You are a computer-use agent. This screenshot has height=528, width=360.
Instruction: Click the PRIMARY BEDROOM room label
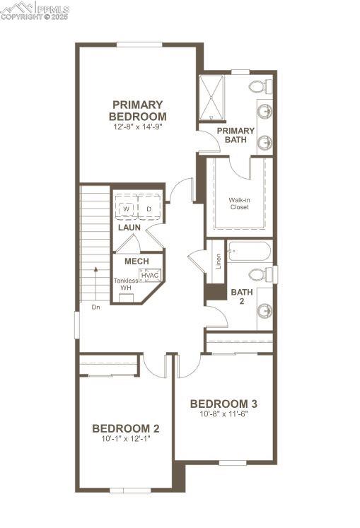(138, 110)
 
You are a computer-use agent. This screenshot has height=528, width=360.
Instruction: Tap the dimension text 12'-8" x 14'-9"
(138, 128)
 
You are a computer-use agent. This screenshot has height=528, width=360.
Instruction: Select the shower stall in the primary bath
(211, 98)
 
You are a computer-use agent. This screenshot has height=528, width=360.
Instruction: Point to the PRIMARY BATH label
(236, 135)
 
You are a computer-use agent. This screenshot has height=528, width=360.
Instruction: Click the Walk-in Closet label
(238, 204)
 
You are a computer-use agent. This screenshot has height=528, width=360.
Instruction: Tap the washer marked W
(127, 209)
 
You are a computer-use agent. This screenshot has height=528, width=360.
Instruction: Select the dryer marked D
(149, 209)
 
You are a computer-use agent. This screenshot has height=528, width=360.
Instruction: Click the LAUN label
(129, 228)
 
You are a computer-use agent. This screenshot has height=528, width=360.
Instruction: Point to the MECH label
(137, 262)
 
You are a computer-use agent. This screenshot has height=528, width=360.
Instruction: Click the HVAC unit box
(150, 275)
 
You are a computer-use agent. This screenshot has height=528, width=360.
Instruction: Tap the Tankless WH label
(126, 284)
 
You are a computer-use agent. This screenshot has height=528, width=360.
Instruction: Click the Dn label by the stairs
(95, 307)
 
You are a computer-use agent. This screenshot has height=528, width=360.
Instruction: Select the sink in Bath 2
(265, 310)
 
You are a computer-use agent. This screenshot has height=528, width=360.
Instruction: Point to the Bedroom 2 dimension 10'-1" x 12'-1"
(126, 438)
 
